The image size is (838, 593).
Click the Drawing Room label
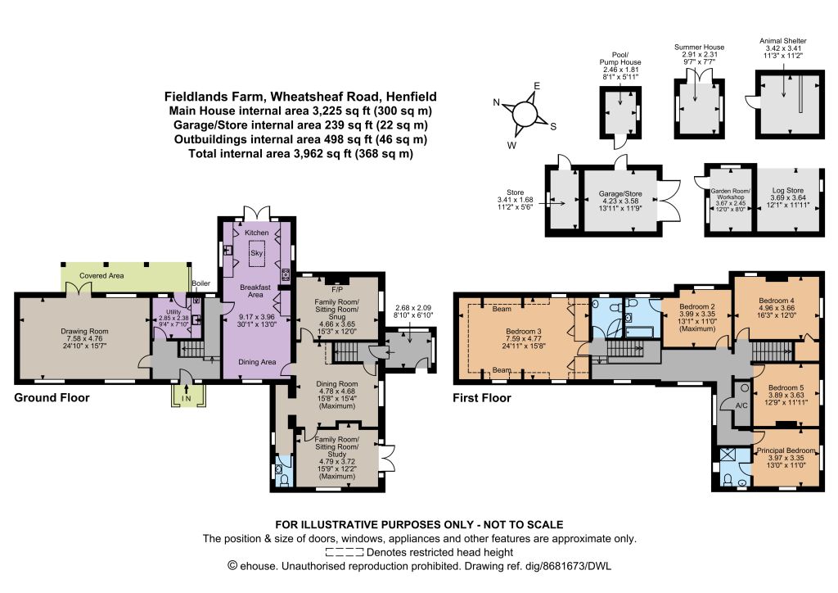point(84,331)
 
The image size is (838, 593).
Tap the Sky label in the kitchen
point(256,253)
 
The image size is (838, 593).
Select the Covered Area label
point(101,276)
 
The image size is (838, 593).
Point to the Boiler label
point(201,283)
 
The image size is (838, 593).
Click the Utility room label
point(173,312)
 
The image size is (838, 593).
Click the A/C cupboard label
point(741,406)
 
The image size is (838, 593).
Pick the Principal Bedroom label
point(786,450)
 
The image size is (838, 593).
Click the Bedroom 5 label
point(786,387)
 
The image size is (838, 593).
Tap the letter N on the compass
point(496,102)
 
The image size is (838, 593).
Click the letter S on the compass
point(553,127)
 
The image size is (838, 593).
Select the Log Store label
point(788,190)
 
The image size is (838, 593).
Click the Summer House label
point(699,47)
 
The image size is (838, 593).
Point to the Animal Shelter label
point(783,41)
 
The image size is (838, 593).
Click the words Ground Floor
point(52,398)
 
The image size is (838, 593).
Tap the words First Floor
point(482,398)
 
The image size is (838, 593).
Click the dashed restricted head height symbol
point(345,552)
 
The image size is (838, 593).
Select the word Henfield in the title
point(412,97)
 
